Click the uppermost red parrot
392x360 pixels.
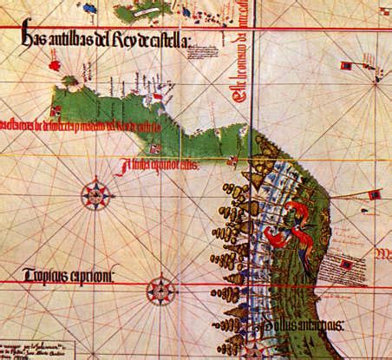[299, 211]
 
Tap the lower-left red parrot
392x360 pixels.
[276, 237]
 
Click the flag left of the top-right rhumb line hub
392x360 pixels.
[345, 66]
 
